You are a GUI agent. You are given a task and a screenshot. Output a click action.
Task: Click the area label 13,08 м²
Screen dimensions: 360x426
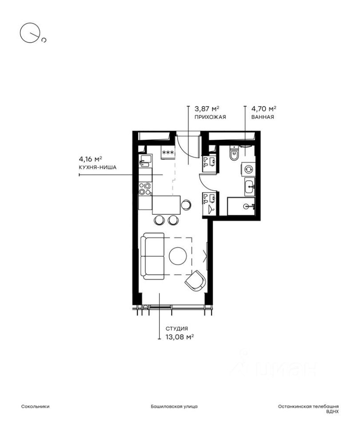click(180, 337)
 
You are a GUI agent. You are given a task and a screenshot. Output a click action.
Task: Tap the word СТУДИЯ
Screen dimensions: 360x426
click(177, 328)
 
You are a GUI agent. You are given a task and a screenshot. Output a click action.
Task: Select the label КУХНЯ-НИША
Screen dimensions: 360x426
click(98, 167)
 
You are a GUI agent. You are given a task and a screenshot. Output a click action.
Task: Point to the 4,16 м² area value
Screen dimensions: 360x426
click(91, 159)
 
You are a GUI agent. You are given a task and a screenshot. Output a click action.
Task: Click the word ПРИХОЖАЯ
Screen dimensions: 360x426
click(210, 117)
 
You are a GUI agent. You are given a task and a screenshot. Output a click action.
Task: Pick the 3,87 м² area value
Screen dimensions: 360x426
click(207, 109)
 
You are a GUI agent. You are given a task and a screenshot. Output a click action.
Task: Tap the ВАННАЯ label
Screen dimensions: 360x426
click(262, 117)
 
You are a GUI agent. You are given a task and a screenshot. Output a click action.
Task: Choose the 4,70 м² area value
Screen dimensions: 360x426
click(264, 109)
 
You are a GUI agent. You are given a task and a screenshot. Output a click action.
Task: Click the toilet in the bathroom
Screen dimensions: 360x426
click(233, 153)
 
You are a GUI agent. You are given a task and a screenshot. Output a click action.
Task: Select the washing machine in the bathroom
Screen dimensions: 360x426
click(248, 170)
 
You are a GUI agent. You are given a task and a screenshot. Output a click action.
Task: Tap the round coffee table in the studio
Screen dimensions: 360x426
click(178, 256)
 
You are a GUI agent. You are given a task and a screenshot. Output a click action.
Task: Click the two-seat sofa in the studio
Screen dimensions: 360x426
click(152, 256)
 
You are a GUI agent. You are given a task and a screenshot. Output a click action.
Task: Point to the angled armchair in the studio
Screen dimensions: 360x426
click(195, 280)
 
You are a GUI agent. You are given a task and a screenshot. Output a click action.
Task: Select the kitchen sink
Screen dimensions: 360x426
click(145, 161)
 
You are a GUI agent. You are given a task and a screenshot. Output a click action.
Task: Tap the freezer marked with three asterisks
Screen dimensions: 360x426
click(168, 152)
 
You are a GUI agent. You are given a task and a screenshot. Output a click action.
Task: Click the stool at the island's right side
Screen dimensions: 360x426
click(186, 205)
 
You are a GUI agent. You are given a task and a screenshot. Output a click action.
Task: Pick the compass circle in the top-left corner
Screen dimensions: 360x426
click(29, 32)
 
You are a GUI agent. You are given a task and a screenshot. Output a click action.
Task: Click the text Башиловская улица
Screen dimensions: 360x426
click(174, 406)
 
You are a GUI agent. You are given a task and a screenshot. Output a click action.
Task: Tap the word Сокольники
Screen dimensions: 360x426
click(36, 406)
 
